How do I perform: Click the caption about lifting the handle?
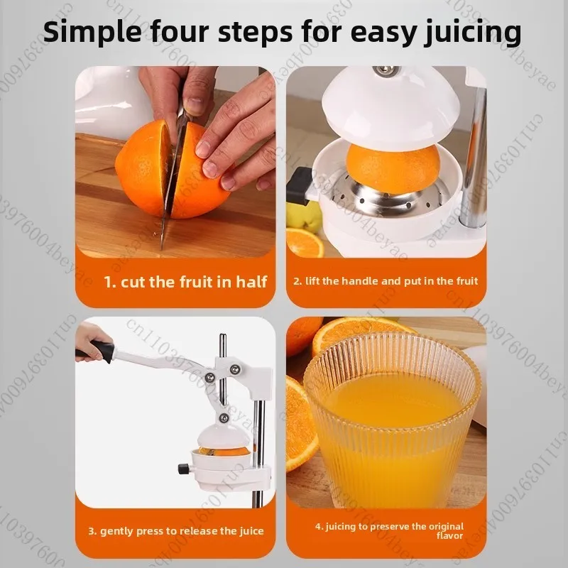[x=386, y=281]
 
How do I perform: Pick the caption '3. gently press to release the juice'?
[x=175, y=530]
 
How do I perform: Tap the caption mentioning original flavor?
[x=389, y=530]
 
